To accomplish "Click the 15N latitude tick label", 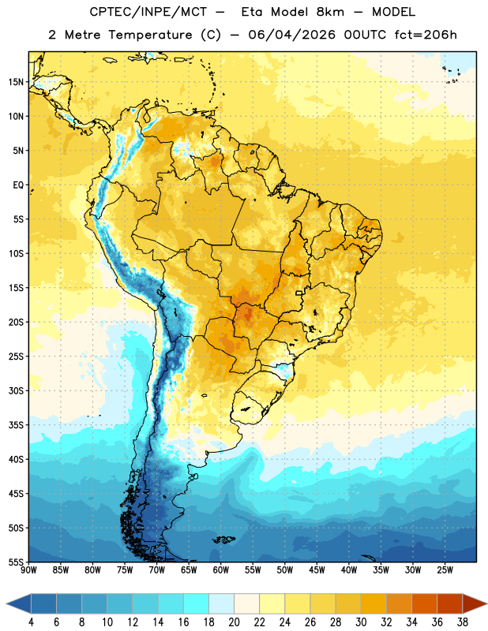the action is pyautogui.click(x=16, y=82).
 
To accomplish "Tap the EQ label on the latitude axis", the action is pyautogui.click(x=18, y=185).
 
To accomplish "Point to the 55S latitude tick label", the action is pyautogui.click(x=16, y=562).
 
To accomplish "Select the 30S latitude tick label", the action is pyautogui.click(x=16, y=390).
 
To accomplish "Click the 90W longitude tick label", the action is pyautogui.click(x=28, y=570).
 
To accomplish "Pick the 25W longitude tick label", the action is pyautogui.click(x=445, y=570).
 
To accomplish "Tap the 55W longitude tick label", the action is pyautogui.click(x=253, y=570).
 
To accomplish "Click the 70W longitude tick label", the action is pyautogui.click(x=157, y=570).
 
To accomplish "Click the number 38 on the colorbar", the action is pyautogui.click(x=462, y=622).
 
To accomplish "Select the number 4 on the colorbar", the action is pyautogui.click(x=31, y=622).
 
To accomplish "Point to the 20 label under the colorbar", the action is pyautogui.click(x=234, y=622).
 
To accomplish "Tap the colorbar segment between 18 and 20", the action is pyautogui.click(x=221, y=603).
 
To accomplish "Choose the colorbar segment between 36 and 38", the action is pyautogui.click(x=450, y=603).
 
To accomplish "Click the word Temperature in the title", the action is pyautogui.click(x=150, y=35).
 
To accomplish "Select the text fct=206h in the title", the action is pyautogui.click(x=426, y=35).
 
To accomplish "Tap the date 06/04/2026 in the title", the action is pyautogui.click(x=291, y=35).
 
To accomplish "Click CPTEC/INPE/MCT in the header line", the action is pyautogui.click(x=148, y=12).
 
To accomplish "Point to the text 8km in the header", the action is pyautogui.click(x=330, y=12).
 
